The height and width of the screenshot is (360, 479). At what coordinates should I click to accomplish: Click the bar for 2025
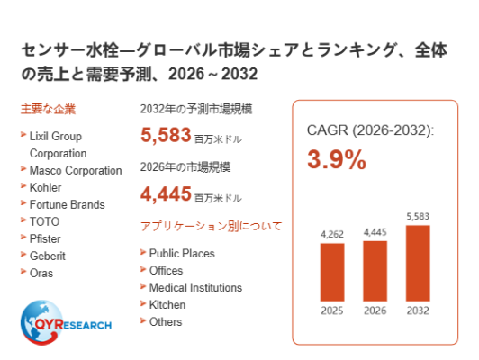pos(332,272)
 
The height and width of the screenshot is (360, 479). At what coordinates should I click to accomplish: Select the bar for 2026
pos(375,271)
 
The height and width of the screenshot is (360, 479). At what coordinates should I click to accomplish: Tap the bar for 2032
pos(418,263)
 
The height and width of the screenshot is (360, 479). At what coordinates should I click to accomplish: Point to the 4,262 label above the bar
pos(332,234)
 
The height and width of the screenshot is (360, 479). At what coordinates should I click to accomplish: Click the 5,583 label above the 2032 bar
pos(418,217)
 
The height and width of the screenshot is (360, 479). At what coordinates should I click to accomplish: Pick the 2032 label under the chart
pos(418,310)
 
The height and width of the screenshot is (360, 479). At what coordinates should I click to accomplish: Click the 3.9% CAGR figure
pos(337,159)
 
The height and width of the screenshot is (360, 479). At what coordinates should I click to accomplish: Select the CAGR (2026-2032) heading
pos(370,130)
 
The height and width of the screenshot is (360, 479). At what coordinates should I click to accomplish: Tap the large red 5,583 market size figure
pos(166,135)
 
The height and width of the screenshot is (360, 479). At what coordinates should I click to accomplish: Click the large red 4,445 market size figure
pos(166,193)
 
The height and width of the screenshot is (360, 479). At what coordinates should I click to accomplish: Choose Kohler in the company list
pos(45,187)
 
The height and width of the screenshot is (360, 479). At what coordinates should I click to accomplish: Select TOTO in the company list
pos(44,221)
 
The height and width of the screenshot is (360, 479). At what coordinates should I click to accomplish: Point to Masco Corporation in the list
pos(76,170)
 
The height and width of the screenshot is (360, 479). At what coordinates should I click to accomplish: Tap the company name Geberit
pos(48,256)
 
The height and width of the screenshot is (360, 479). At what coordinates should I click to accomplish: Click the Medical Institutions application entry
pos(195,288)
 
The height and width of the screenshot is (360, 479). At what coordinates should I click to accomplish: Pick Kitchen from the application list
pos(167,305)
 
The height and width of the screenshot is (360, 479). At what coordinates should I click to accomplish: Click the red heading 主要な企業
pos(48,109)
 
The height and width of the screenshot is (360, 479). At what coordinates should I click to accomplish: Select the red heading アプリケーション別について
pos(211,226)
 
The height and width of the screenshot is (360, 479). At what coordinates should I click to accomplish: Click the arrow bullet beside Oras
pos(23,271)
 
